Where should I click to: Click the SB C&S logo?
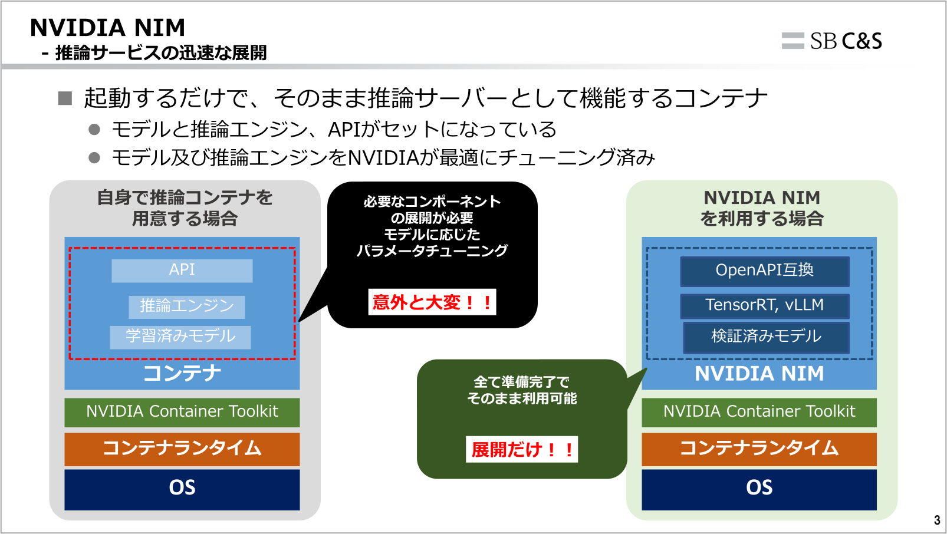coord(832,41)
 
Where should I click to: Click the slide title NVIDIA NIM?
coord(107,28)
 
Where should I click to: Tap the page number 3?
coord(937,520)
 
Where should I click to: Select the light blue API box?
coord(182,271)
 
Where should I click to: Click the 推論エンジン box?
coord(186,306)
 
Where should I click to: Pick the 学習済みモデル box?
coord(180,337)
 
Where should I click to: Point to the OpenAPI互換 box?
coord(764,271)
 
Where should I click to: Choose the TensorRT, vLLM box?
coord(764,305)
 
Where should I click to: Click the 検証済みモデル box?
coord(766,337)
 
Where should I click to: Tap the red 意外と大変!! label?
coord(432,302)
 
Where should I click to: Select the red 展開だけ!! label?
coord(521,450)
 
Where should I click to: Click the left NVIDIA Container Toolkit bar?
coord(182,412)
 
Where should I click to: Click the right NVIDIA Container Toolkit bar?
coord(759,412)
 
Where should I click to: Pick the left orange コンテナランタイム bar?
coord(182,449)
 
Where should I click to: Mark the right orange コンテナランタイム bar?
coord(759,449)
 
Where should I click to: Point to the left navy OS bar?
coord(182,489)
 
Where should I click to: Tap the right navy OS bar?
coord(759,489)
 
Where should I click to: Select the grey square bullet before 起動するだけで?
coord(65,98)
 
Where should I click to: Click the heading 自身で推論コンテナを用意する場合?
coord(185,208)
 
